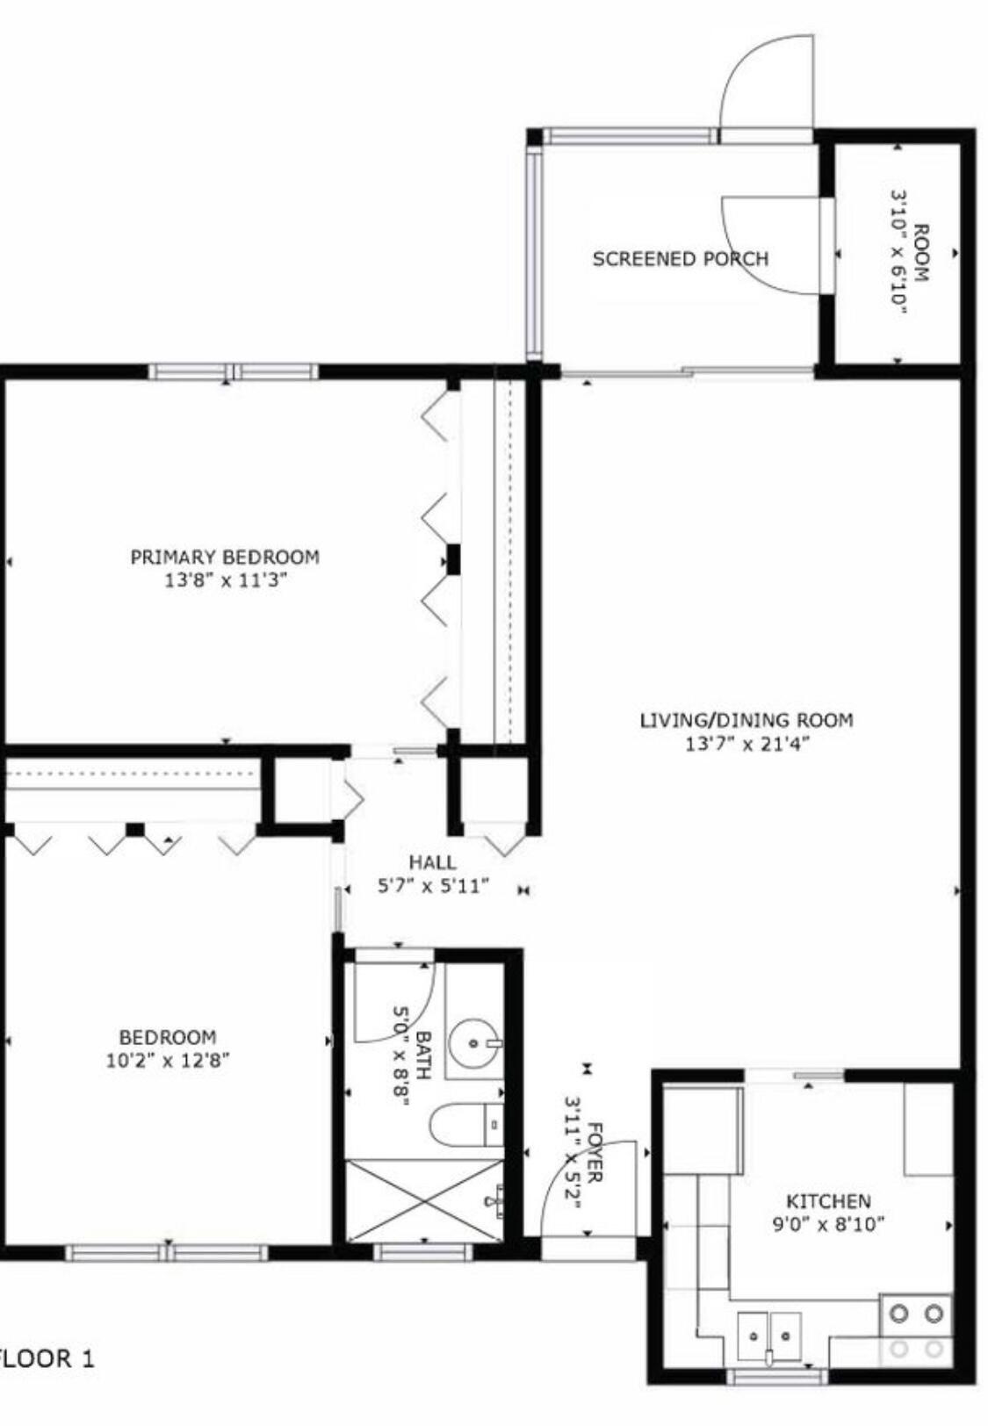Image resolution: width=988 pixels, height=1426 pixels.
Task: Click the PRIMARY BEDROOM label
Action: coord(225,557)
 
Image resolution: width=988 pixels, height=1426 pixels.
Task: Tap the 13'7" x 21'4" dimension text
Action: coord(746,745)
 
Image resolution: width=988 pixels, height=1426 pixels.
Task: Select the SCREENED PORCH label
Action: coord(681,259)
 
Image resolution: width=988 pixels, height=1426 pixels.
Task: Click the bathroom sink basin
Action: coord(474,1042)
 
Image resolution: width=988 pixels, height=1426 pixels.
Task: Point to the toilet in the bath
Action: coord(465,1125)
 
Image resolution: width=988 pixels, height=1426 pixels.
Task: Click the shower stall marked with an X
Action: coord(424,1200)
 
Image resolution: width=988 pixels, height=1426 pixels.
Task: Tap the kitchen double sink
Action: coord(769,1335)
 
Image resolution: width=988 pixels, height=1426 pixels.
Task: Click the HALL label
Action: coord(432,862)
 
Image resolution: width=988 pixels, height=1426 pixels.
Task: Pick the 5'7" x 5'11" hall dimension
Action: coord(432,886)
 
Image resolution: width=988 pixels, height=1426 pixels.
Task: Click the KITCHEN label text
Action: coord(827,1200)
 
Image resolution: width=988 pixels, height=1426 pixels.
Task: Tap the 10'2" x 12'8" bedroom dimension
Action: coord(168,1060)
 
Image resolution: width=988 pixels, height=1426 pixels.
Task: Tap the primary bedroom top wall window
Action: coord(233,371)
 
